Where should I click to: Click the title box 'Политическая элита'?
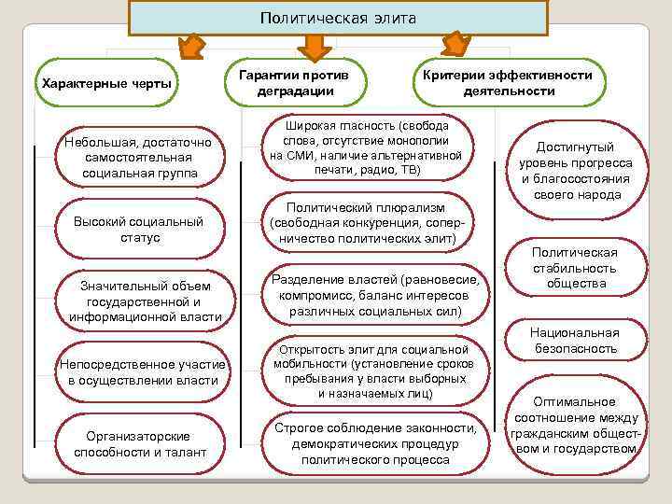point(337,18)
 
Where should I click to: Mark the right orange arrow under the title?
point(455,45)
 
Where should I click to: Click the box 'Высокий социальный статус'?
point(138,230)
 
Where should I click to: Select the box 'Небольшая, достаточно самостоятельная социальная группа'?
point(139,158)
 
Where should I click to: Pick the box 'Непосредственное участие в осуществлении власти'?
point(137,371)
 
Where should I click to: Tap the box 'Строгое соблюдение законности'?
point(374,443)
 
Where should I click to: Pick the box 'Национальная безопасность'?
point(574,341)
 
